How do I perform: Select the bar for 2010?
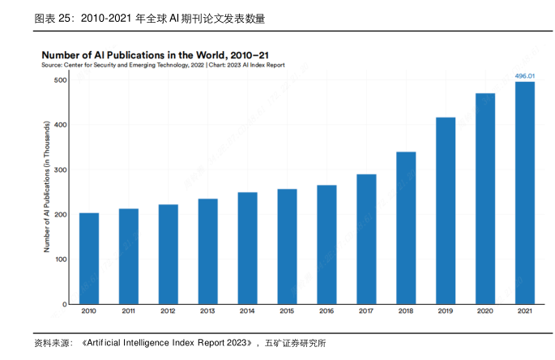pos(89,258)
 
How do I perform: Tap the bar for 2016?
pos(327,244)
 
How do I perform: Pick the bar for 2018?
pos(406,228)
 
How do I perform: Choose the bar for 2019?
pos(446,211)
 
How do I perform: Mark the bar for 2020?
pos(485,199)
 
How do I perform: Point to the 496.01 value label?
pos(525,75)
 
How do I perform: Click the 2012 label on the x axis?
pos(169,311)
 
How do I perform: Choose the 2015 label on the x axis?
pos(287,311)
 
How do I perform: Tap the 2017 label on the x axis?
pos(366,311)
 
